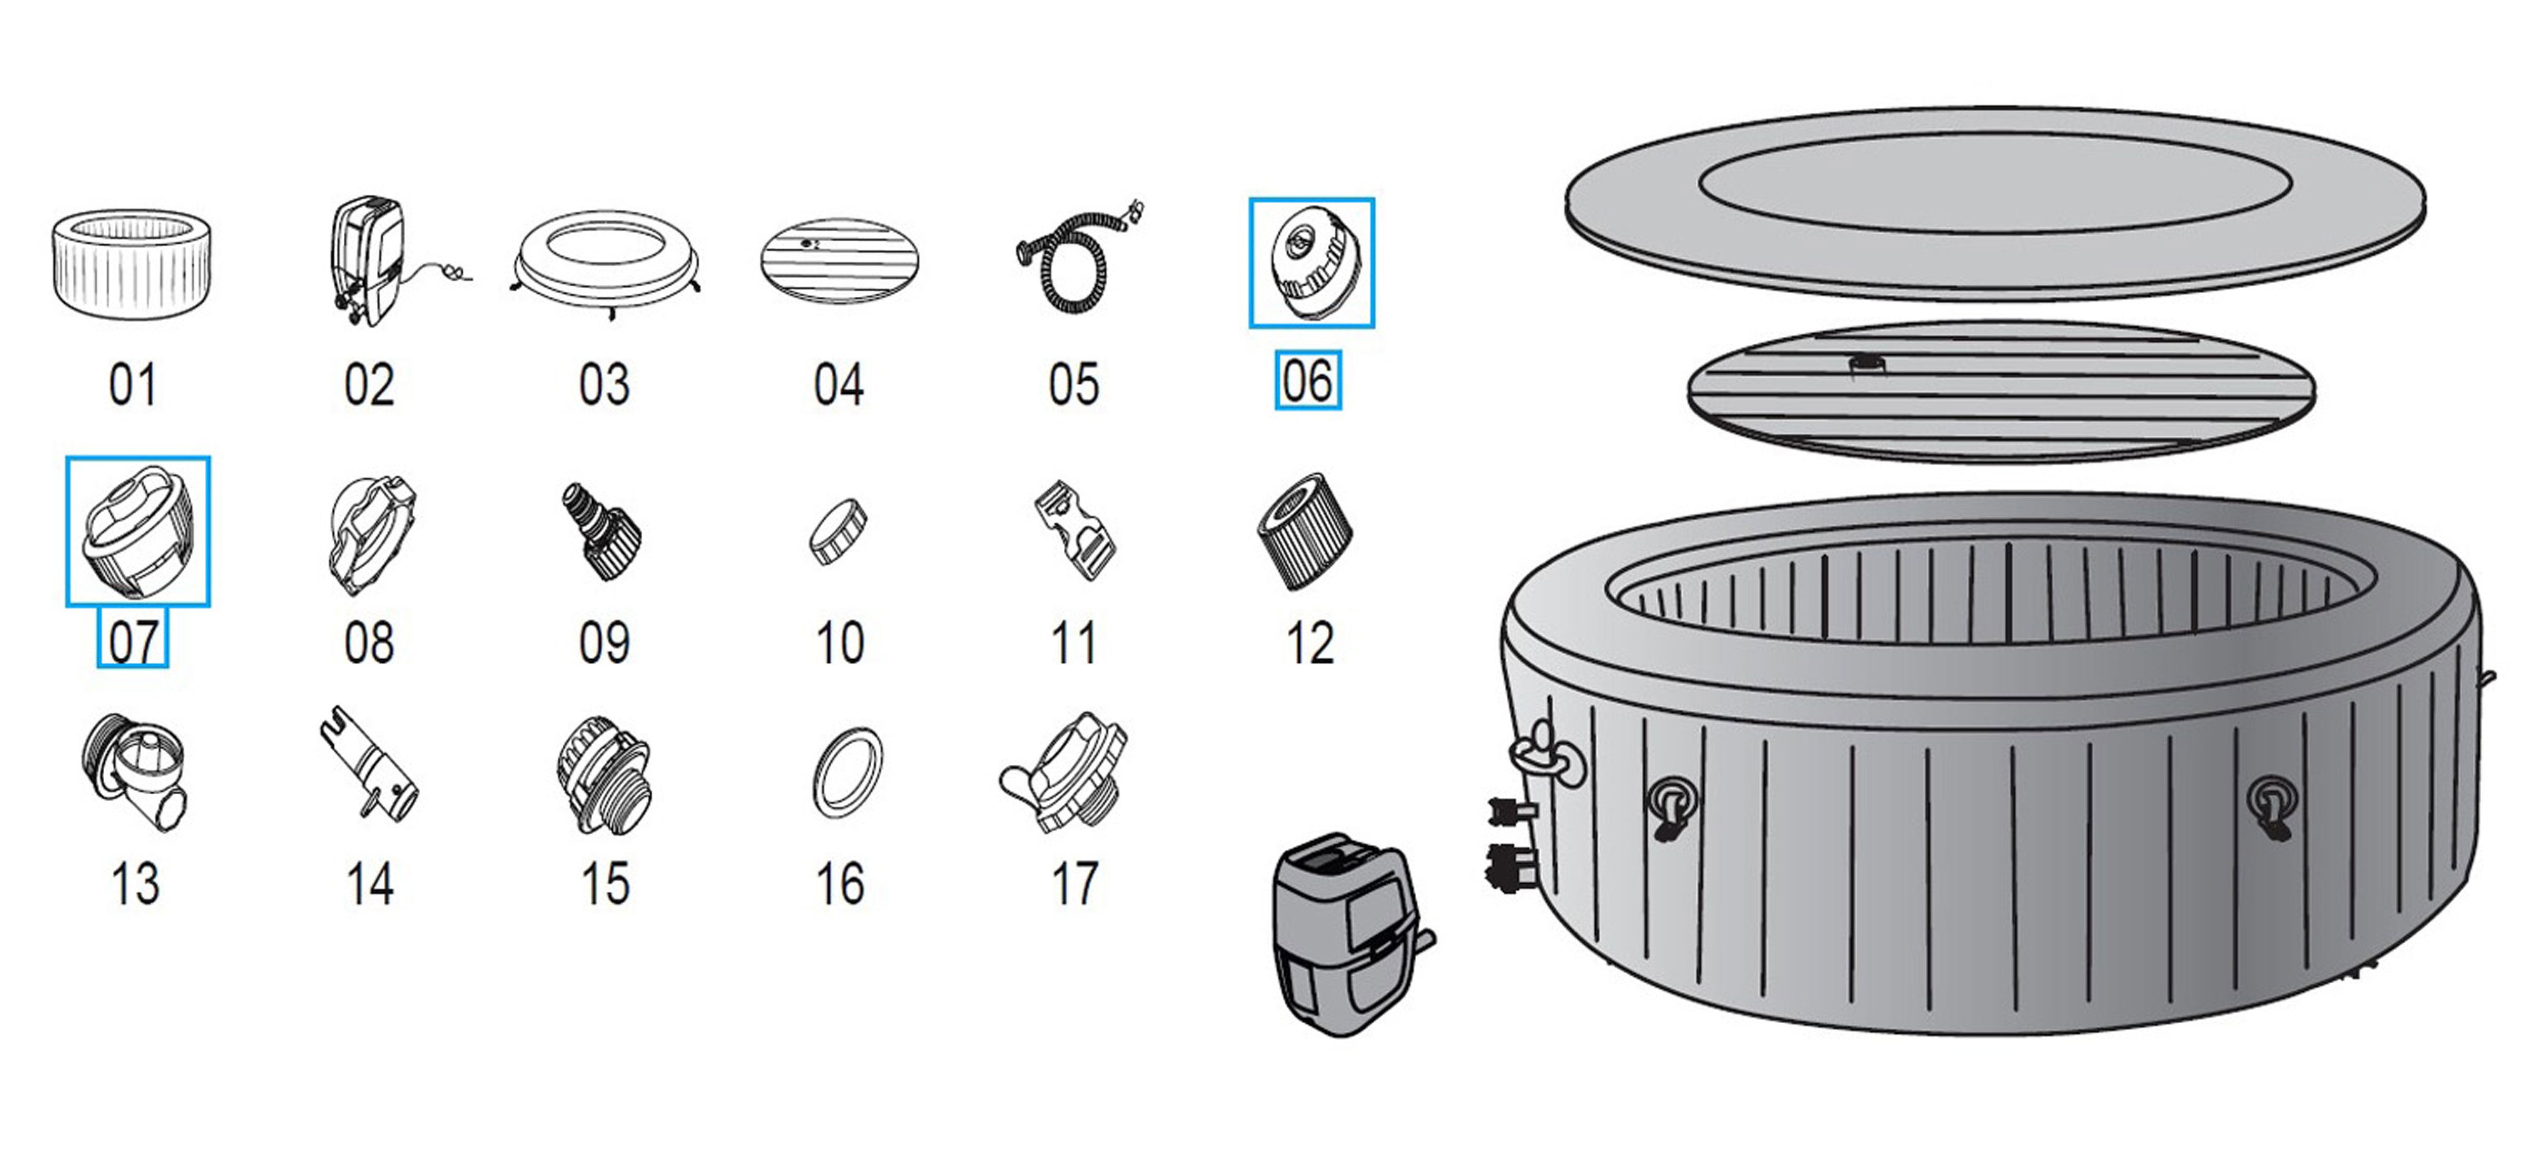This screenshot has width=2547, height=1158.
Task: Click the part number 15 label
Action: tap(604, 884)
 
